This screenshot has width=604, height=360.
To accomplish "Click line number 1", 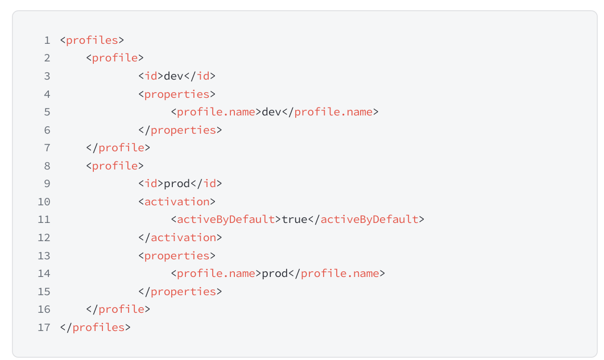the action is click(x=47, y=40).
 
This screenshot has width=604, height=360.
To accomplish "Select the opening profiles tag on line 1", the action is click(x=92, y=40).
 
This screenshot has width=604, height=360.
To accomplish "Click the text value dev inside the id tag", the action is click(x=173, y=76).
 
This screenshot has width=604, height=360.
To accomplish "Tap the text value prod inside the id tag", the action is click(x=177, y=184).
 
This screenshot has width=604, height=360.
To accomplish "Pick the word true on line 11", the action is click(x=295, y=220).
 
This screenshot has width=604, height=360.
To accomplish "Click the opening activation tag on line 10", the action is click(x=177, y=202).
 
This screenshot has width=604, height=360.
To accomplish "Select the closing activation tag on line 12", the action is click(x=180, y=238).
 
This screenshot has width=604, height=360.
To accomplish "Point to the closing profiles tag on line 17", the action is click(x=95, y=328).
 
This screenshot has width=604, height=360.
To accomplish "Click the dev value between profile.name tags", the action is click(x=271, y=112).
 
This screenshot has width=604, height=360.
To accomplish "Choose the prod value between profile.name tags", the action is click(x=275, y=274).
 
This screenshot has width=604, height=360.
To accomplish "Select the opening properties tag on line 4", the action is click(x=177, y=94).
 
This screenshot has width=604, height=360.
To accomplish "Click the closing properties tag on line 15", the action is click(x=180, y=292).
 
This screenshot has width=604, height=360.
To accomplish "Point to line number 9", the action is click(x=47, y=184).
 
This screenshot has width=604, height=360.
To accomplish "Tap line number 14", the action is click(x=44, y=274).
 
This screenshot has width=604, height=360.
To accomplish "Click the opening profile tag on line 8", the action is click(x=115, y=166).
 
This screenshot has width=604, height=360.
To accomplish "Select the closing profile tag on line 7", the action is click(x=118, y=148).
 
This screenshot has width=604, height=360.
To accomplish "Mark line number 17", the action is click(x=44, y=328).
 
